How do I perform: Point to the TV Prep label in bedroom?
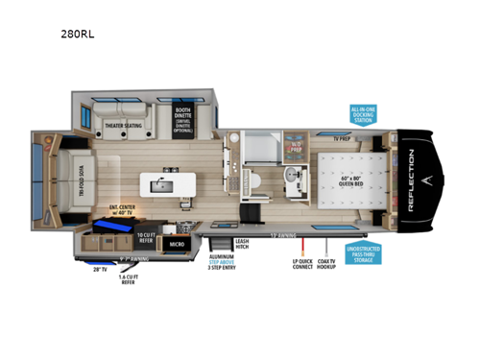point(343,138)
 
